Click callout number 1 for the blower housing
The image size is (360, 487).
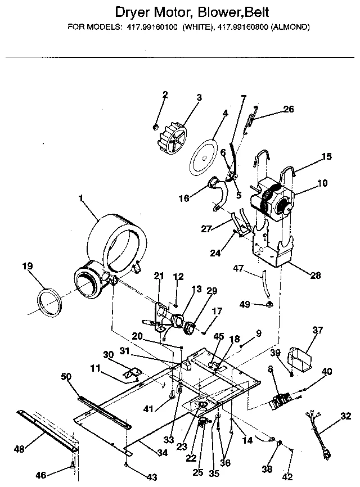tap(81, 198)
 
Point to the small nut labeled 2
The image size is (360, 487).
tap(155, 127)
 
